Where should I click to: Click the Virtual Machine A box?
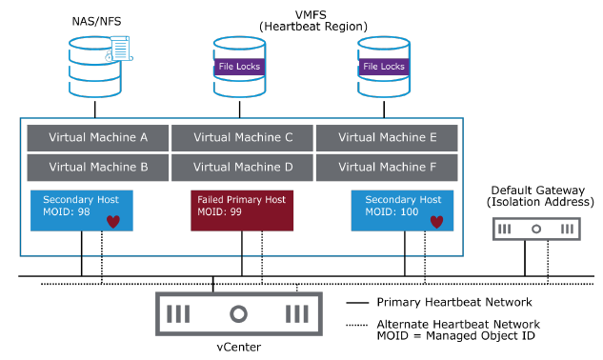point(98,137)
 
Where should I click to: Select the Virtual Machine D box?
point(243,167)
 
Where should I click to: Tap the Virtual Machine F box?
point(388,167)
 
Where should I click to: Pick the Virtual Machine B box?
point(98,167)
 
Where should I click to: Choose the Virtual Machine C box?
point(243,137)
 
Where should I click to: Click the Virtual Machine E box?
point(388,137)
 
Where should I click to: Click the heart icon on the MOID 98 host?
point(114,223)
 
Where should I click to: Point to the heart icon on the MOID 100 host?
point(435,223)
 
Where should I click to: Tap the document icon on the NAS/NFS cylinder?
point(119,49)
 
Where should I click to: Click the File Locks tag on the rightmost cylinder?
point(384,67)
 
